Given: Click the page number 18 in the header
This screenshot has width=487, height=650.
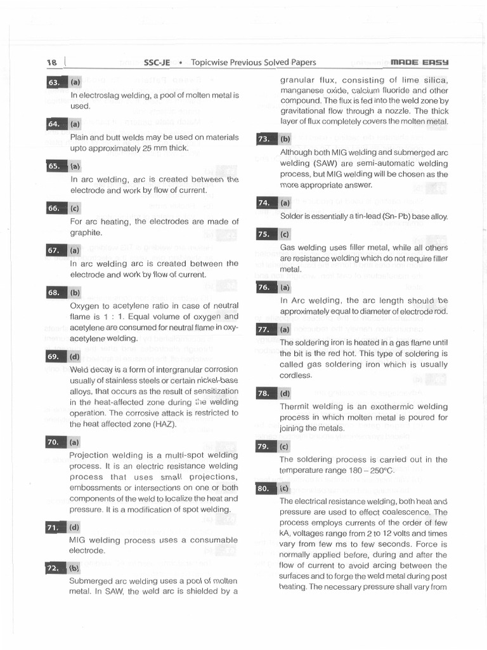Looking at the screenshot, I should click(x=51, y=62).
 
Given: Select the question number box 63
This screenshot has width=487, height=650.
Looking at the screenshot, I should click(x=54, y=82).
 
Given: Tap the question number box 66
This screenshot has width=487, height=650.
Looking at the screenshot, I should click(x=54, y=208).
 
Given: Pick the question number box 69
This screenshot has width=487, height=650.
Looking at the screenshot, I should click(x=54, y=357).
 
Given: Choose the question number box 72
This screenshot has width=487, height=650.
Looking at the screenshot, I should click(x=54, y=568).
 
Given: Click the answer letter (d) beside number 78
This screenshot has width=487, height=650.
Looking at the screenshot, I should click(x=285, y=394).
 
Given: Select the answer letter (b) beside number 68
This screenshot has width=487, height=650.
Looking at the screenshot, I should click(x=75, y=293).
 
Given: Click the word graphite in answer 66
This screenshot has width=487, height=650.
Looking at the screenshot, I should click(x=86, y=233).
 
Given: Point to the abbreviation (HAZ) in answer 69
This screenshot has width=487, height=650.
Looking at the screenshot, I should click(x=163, y=423).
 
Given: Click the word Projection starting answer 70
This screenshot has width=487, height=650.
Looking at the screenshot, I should click(x=89, y=455).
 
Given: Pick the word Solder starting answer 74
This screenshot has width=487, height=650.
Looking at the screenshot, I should click(x=292, y=216).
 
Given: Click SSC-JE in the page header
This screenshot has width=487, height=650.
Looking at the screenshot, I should click(x=157, y=62).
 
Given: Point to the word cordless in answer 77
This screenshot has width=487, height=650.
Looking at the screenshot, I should click(x=295, y=375).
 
